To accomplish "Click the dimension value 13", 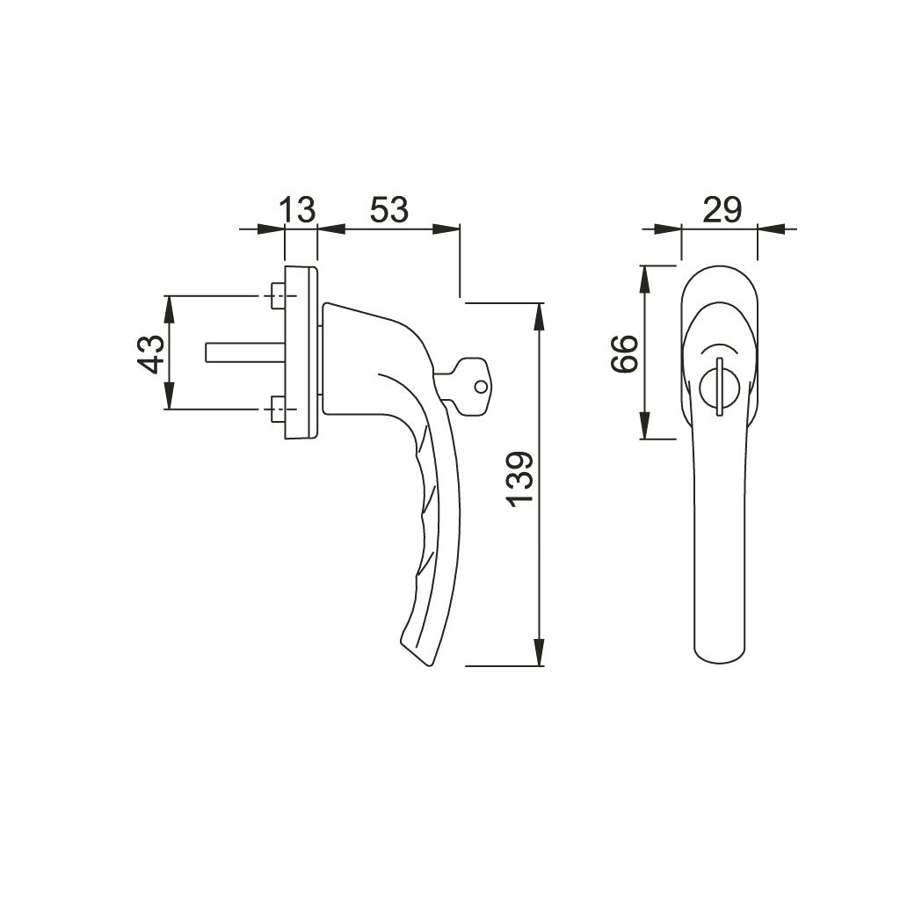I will point(297,210).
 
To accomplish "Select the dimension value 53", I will point(388,210).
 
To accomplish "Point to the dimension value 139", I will point(519,479).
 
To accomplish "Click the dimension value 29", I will point(722,210).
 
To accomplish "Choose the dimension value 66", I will point(624,353).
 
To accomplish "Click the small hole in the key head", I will point(479,386).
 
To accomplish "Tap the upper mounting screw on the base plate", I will point(278,296).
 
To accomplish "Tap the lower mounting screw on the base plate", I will point(278,409).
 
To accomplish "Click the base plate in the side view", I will point(301,352).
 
